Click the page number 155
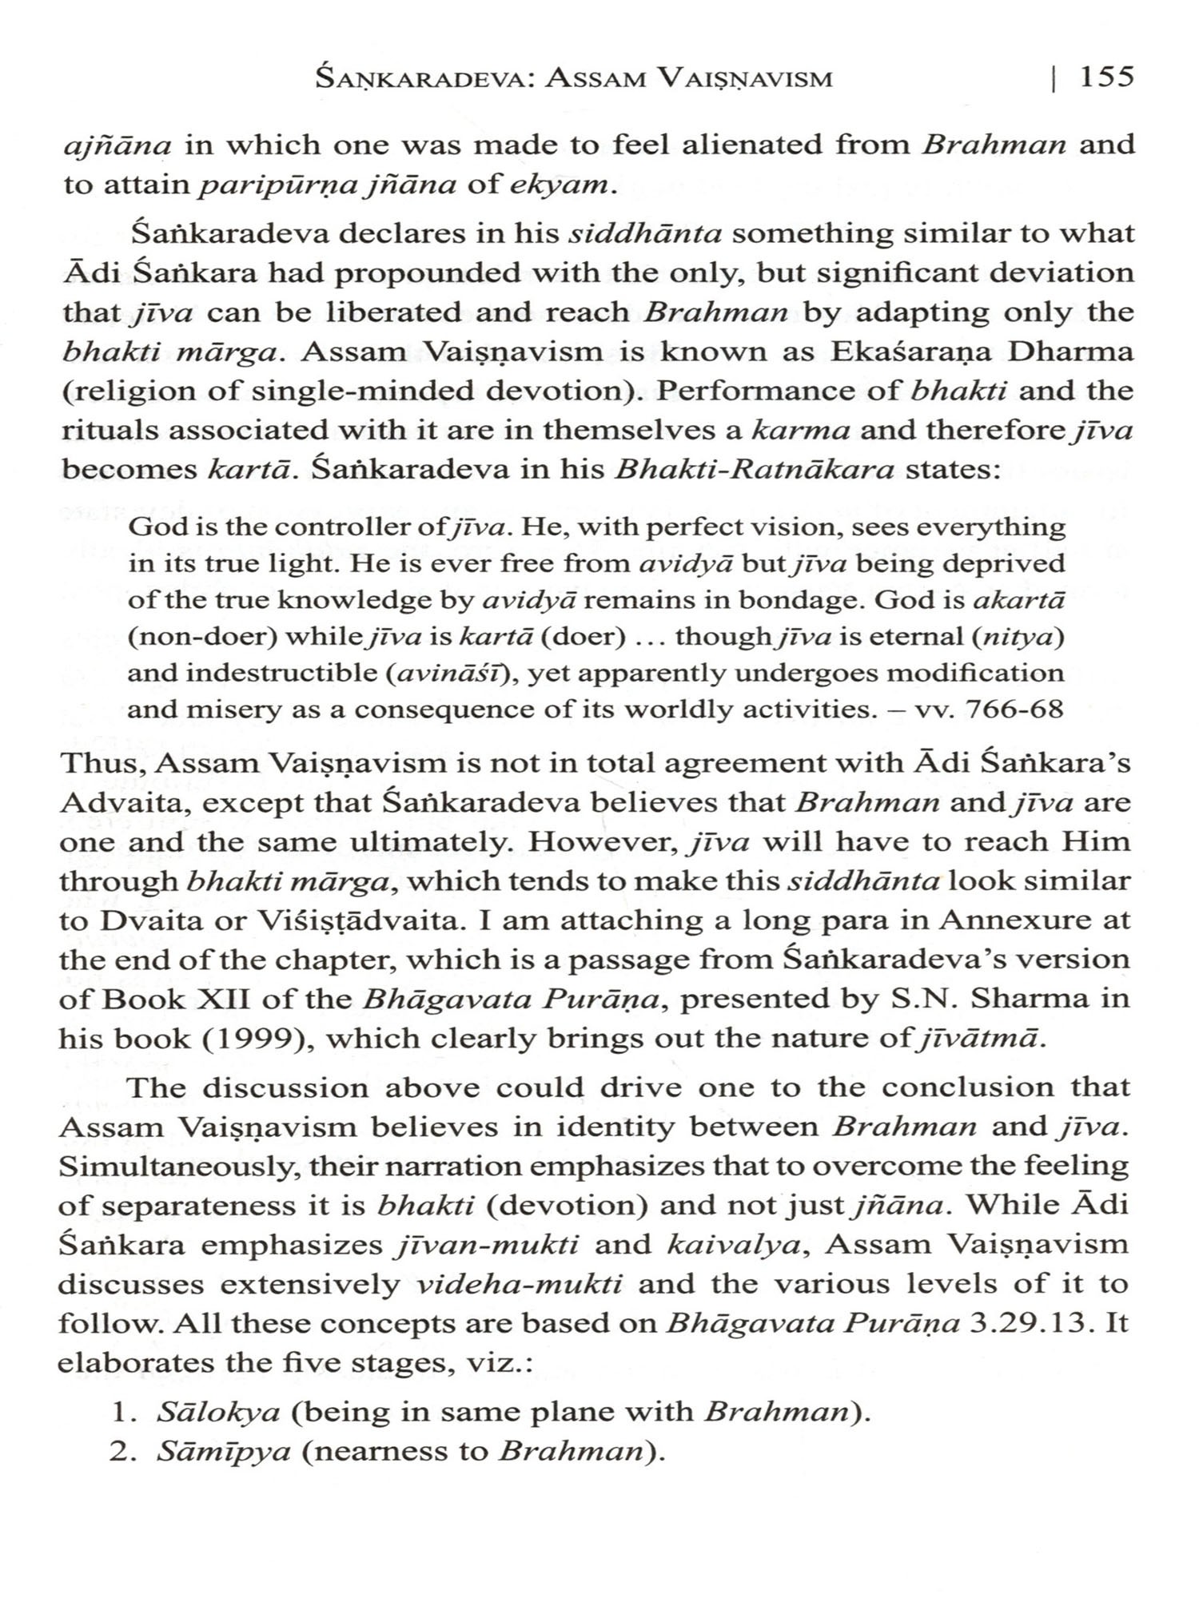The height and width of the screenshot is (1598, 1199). click(1106, 77)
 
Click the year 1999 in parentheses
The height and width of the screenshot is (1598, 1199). click(265, 1039)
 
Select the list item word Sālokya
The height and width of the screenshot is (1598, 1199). click(218, 1412)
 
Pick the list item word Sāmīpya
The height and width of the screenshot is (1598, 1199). click(223, 1451)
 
